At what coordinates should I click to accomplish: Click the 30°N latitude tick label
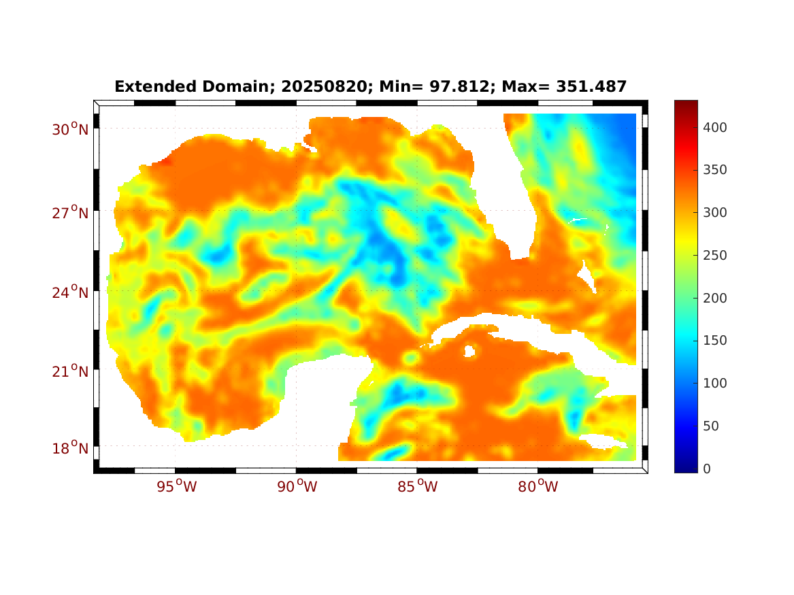[x=70, y=129]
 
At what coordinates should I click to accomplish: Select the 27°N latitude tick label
[x=70, y=213]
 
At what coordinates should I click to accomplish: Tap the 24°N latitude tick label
[x=70, y=292]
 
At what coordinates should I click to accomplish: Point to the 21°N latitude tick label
[x=70, y=371]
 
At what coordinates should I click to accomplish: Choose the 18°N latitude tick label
[x=70, y=449]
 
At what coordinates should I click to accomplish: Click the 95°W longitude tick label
[x=176, y=487]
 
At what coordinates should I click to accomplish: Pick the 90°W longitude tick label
[x=297, y=487]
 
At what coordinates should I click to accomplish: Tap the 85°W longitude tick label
[x=418, y=487]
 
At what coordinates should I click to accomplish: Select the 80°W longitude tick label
[x=538, y=487]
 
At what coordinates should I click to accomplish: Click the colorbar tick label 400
[x=715, y=127]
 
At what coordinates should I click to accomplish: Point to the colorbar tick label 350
[x=715, y=170]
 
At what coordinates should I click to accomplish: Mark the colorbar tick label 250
[x=715, y=255]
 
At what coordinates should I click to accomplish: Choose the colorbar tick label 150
[x=715, y=340]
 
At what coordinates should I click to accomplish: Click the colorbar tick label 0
[x=708, y=469]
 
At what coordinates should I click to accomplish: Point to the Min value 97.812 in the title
[x=443, y=87]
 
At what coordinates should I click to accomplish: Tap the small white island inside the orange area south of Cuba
[x=469, y=351]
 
